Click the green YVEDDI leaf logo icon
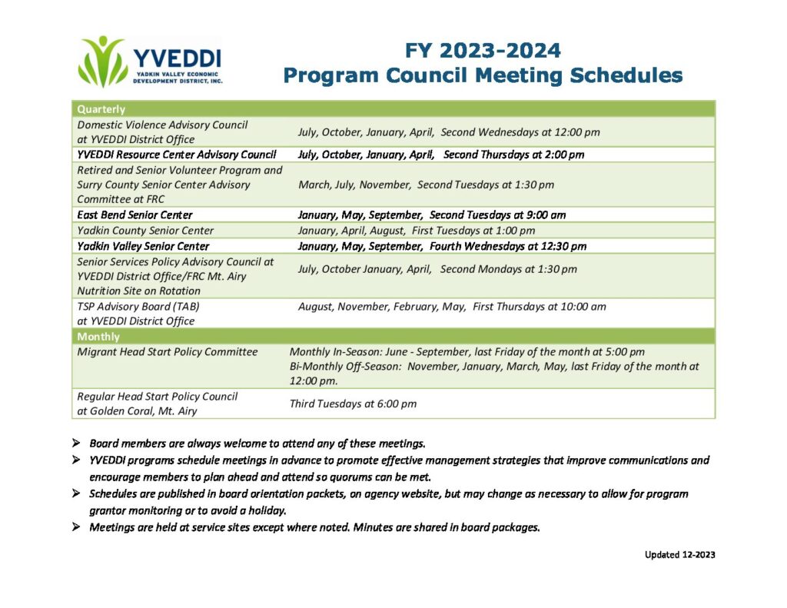coord(102,61)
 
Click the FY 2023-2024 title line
coord(483,51)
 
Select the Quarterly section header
coord(101,109)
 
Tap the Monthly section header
coord(98,337)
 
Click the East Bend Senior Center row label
coord(134,215)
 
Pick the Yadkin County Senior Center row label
coord(145,231)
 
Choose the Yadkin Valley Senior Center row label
coord(143,246)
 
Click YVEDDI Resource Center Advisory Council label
coord(176,154)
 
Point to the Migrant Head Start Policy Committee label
coord(167,352)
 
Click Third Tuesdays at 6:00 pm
coord(353,404)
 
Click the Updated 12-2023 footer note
coord(680,554)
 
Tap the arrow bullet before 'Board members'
coord(76,443)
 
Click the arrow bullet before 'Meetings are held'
coord(76,527)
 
